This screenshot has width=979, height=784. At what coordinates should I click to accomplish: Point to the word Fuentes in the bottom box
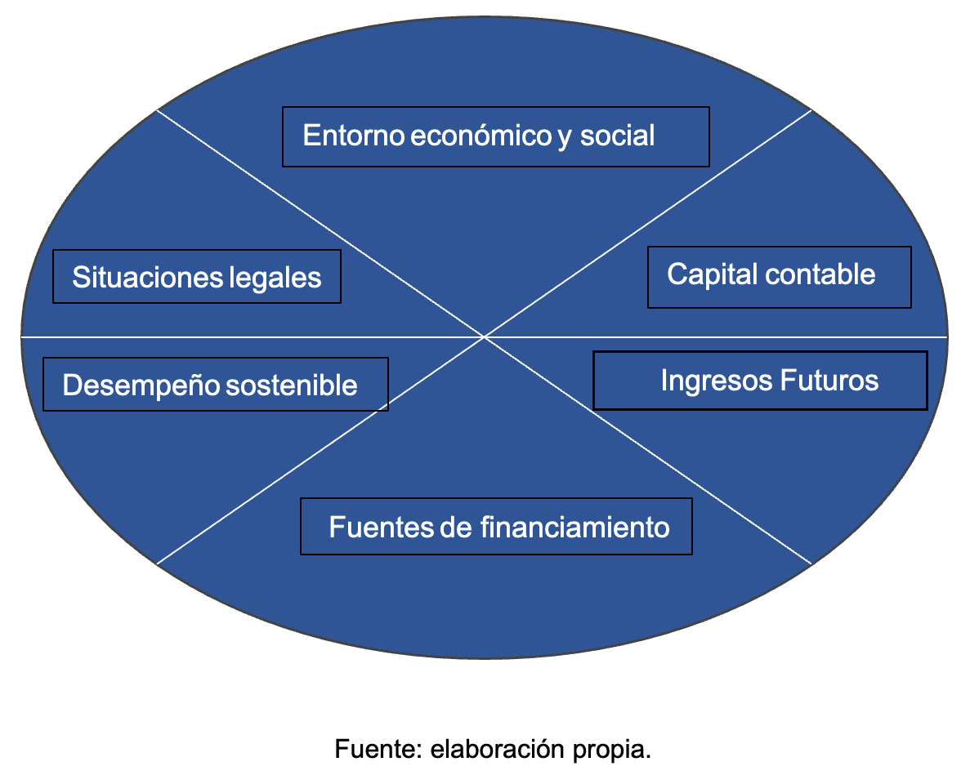pos(381,528)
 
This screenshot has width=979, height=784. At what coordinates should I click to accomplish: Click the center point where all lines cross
pos(485,336)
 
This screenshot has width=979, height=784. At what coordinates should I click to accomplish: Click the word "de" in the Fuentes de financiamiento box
pos(456,528)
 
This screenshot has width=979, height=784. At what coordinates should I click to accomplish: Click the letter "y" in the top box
pos(565,137)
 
